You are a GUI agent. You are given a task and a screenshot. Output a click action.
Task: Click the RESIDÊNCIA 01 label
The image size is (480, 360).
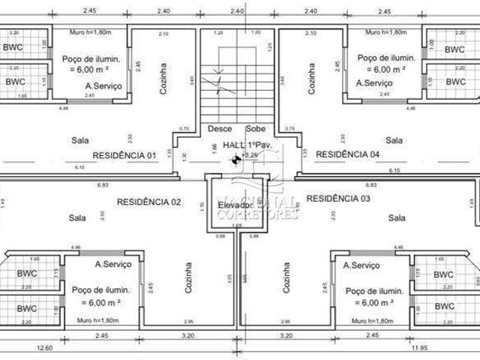pyautogui.click(x=124, y=155)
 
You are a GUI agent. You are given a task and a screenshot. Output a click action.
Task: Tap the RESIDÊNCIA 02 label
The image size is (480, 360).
pyautogui.click(x=149, y=201)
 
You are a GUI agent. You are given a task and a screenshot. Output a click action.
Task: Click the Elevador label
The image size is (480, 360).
pyautogui.click(x=235, y=205)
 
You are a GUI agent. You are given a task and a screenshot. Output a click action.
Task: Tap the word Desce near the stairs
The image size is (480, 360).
pyautogui.click(x=220, y=128)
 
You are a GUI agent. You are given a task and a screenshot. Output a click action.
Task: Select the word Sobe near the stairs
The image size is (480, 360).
pyautogui.click(x=256, y=128)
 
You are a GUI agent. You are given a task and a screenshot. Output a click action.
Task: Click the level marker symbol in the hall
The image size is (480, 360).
pyautogui.click(x=236, y=158)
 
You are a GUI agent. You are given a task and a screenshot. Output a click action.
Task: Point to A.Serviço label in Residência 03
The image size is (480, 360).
pyautogui.click(x=361, y=265)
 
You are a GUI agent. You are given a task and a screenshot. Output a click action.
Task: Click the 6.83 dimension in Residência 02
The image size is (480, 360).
pyautogui.click(x=103, y=184)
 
